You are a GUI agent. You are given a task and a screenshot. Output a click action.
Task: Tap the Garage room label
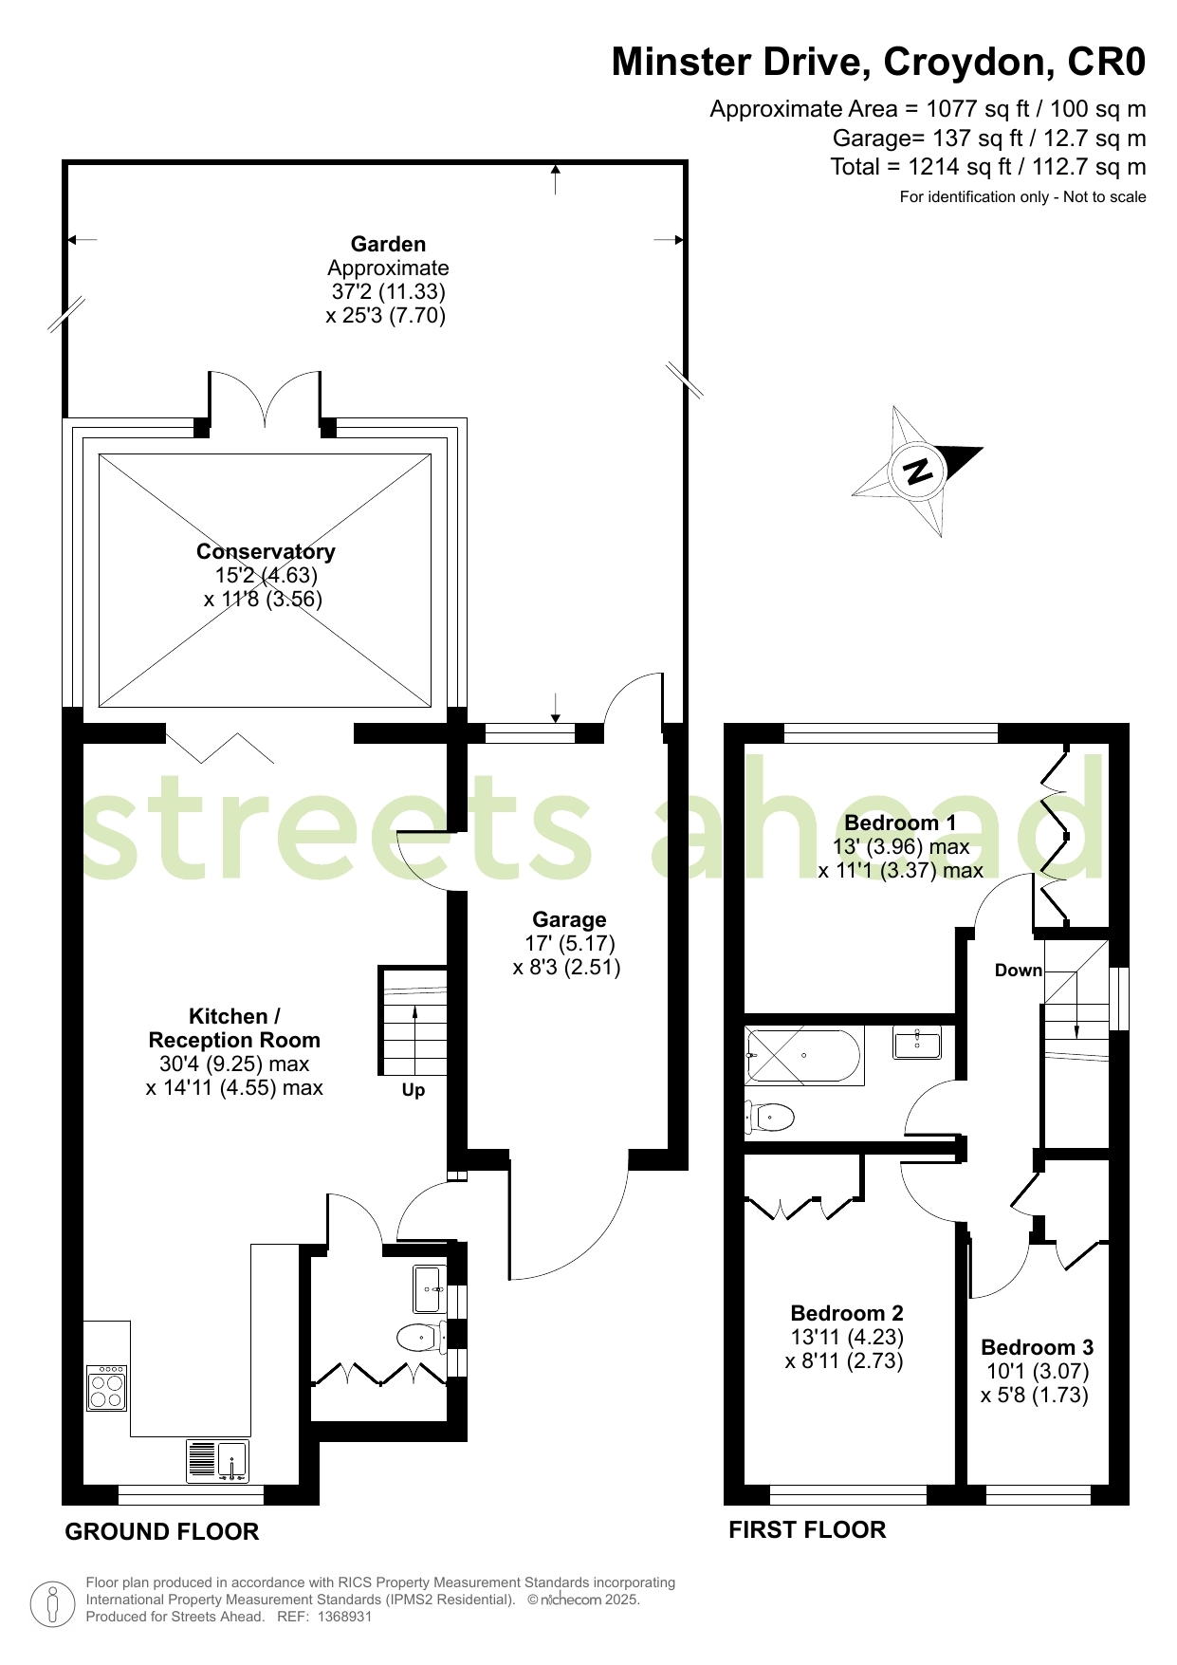(x=569, y=919)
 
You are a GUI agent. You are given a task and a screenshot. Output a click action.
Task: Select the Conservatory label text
(x=266, y=551)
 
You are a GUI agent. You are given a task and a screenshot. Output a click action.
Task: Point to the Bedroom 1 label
(x=900, y=823)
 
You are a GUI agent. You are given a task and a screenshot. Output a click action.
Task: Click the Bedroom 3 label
(x=1037, y=1347)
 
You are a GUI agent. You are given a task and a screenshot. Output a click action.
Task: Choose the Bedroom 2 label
(x=847, y=1313)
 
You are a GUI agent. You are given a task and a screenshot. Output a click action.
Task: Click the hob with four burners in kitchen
(x=106, y=1389)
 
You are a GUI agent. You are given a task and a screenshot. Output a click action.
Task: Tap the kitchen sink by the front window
(x=218, y=1461)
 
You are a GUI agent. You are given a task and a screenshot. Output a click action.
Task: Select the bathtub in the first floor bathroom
(x=804, y=1055)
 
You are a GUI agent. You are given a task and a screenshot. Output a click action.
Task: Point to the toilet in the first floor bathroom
(x=769, y=1117)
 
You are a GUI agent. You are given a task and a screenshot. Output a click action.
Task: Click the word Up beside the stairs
(x=414, y=1090)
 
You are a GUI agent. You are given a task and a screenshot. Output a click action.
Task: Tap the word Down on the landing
(x=1019, y=971)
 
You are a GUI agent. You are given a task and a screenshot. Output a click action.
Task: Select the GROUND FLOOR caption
(x=161, y=1532)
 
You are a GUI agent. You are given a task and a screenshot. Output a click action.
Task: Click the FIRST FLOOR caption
(x=807, y=1530)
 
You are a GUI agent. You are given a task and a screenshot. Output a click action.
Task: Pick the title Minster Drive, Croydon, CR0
(x=878, y=62)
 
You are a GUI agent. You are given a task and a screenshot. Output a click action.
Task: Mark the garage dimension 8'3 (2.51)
(x=567, y=968)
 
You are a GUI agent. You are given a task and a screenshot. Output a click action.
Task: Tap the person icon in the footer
(x=52, y=1602)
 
